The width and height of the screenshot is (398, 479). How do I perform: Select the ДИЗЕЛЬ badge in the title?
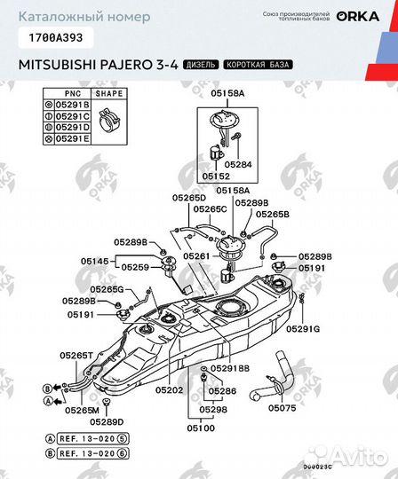[201, 65]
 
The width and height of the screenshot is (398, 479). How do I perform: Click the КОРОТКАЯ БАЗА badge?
[259, 65]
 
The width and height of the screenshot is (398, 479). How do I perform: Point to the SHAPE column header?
[110, 93]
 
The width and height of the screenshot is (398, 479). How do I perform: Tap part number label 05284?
[237, 164]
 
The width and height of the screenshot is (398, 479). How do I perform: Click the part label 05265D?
[188, 197]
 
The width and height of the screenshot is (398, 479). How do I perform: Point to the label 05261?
[195, 255]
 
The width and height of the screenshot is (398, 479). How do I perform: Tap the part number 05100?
[201, 428]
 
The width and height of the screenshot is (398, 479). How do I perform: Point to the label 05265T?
[76, 355]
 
